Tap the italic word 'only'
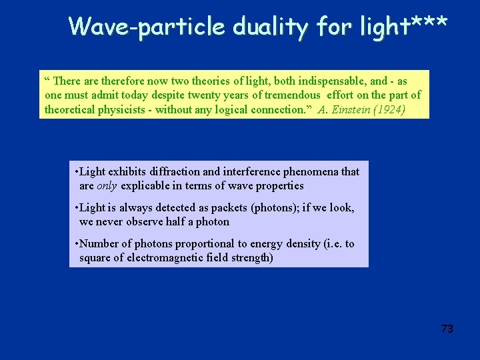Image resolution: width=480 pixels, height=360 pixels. (x=107, y=186)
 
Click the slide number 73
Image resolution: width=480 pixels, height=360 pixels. (x=447, y=329)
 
